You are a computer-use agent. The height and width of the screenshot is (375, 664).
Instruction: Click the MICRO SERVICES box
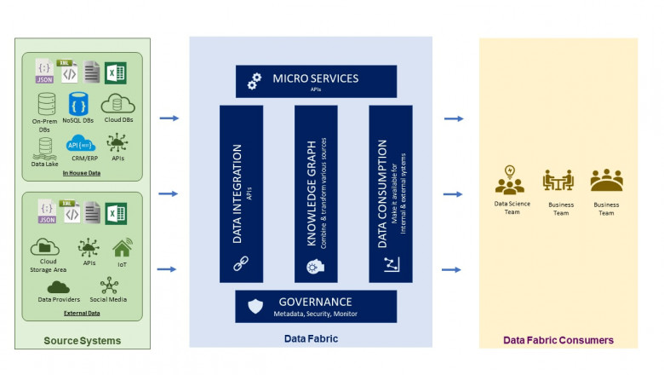316,81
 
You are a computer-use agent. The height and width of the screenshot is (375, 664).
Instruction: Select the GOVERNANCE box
316,306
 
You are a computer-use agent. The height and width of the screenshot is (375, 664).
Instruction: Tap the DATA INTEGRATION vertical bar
241,193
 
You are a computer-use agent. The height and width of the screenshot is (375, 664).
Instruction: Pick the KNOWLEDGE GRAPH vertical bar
316,193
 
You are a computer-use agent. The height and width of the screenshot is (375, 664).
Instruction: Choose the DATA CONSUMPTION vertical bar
391,193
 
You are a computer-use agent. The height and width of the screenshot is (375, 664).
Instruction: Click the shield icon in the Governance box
255,306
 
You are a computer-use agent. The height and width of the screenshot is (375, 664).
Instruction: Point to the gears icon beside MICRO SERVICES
254,81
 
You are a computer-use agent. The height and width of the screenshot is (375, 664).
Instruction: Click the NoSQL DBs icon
79,105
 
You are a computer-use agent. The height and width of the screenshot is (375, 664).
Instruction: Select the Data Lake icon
44,147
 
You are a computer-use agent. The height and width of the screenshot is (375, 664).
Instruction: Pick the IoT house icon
122,247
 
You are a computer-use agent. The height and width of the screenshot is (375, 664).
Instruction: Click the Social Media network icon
108,286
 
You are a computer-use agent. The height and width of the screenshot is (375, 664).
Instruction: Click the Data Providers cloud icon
58,286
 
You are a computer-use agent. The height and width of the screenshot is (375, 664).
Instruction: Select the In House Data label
82,173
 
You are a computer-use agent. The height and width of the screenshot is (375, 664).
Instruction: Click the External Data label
82,313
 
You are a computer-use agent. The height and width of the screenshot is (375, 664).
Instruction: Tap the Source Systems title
82,341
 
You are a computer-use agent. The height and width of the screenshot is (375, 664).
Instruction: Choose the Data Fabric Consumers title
558,340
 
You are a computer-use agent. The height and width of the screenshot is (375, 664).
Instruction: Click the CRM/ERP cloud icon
82,144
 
